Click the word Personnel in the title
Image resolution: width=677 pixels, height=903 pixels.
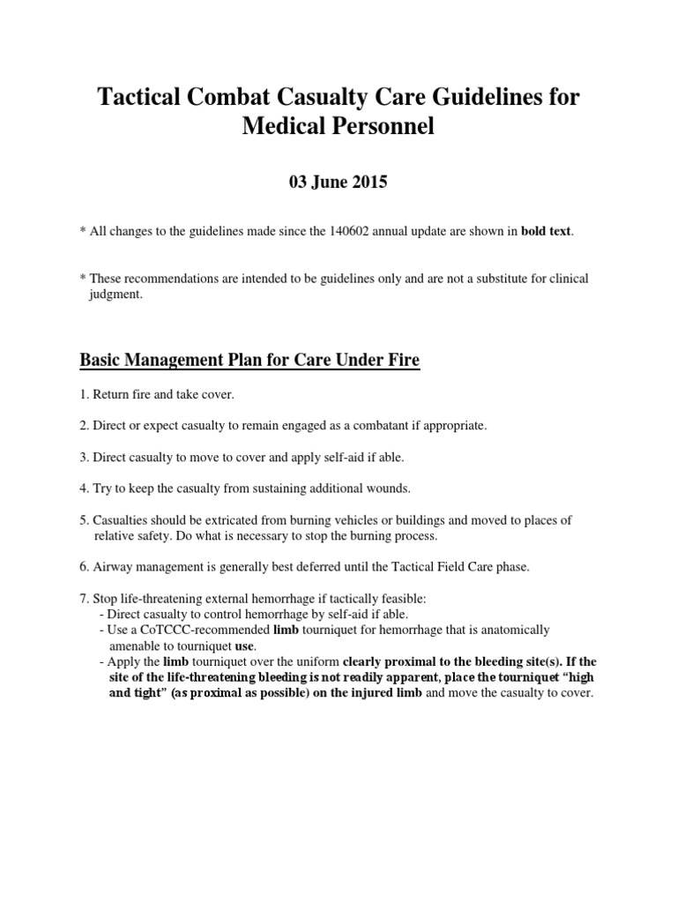pyautogui.click(x=379, y=127)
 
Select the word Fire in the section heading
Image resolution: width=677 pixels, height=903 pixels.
pyautogui.click(x=401, y=360)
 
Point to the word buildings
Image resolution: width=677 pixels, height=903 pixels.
pyautogui.click(x=395, y=520)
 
